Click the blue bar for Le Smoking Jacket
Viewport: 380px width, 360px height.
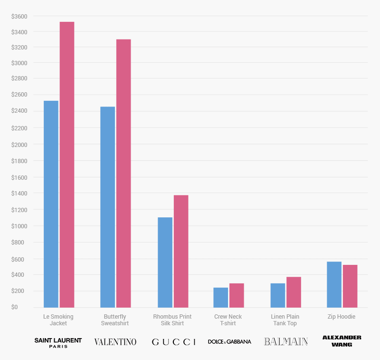51,204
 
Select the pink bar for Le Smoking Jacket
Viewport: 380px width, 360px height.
67,165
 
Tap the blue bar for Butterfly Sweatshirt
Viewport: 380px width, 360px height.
108,207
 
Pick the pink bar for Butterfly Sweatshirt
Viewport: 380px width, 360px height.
123,173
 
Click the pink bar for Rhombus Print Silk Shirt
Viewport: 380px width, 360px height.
181,251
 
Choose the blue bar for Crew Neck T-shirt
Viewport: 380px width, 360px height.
221,297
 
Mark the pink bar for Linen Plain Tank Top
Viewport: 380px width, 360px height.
294,292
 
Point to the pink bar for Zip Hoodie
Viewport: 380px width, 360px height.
350,286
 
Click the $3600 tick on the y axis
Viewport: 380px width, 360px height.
19,16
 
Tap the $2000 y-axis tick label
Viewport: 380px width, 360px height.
19,145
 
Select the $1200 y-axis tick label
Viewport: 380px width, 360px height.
19,210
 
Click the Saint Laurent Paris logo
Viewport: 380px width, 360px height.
58,342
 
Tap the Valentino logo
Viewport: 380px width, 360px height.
115,341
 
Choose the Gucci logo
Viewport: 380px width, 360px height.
173,341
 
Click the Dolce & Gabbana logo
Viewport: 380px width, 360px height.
229,341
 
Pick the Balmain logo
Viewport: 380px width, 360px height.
286,341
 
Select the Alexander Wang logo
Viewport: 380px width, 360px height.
342,341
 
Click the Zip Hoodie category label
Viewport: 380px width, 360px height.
342,317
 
